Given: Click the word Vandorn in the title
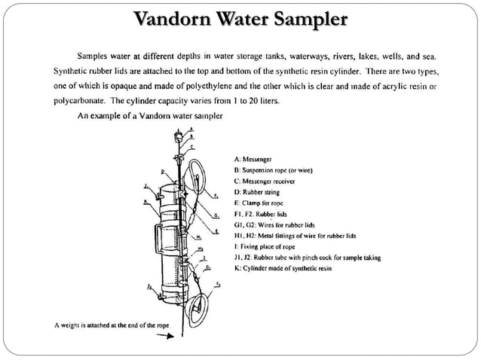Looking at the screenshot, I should tap(174, 17).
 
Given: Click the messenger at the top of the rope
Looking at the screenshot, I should tap(179, 136).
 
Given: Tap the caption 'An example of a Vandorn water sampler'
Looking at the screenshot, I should tap(150, 116).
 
